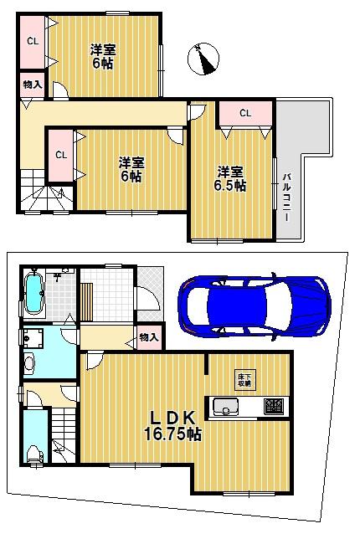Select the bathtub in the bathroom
(34, 294)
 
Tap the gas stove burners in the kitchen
(273, 408)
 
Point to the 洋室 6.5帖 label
(228, 178)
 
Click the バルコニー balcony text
(286, 192)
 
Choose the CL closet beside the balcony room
(245, 113)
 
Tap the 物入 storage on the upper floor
(31, 85)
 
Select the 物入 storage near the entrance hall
(148, 336)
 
